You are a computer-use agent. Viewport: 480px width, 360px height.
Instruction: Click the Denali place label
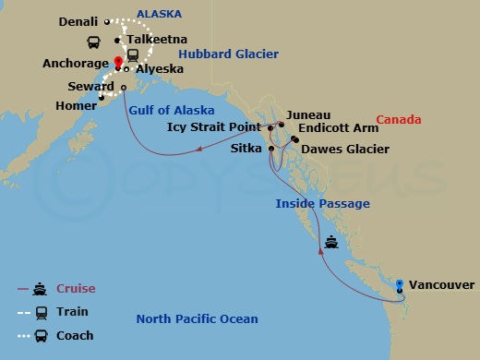(78, 20)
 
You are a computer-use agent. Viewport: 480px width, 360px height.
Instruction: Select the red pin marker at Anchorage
(118, 64)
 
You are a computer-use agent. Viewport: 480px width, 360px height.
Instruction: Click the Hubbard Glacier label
(228, 54)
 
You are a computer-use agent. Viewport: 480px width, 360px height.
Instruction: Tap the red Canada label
(400, 120)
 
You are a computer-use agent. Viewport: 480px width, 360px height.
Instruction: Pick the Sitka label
(246, 148)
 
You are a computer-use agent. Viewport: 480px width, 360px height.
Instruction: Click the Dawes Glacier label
(345, 149)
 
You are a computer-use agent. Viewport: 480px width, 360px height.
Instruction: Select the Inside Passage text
(323, 203)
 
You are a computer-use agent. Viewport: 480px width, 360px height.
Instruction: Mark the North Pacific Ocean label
(197, 319)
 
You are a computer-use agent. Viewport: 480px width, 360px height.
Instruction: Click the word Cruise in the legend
(76, 289)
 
